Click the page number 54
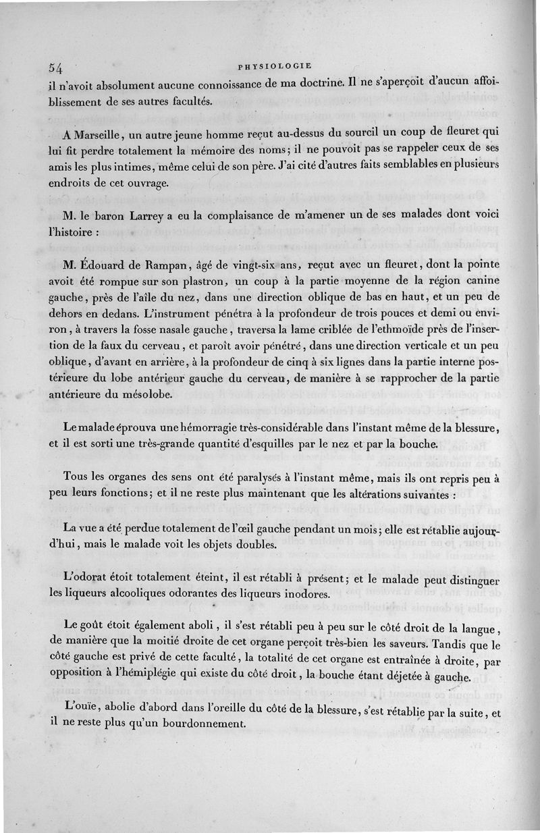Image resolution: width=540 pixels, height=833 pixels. [x=55, y=68]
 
